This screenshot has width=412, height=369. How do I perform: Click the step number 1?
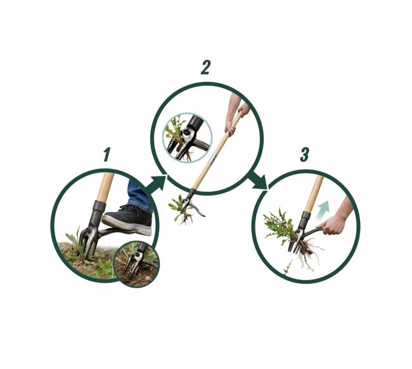(x=106, y=154)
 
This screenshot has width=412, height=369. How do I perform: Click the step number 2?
(x=206, y=67)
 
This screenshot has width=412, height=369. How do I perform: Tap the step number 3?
(x=304, y=154)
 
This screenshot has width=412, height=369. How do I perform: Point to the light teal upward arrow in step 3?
(x=323, y=210)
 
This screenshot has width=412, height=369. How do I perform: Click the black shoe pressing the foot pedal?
(x=127, y=219)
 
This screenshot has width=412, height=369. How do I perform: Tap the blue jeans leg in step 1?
(x=139, y=196)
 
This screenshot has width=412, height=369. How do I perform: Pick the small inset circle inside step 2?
(x=188, y=138)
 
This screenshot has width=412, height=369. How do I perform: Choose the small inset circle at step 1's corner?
(x=137, y=264)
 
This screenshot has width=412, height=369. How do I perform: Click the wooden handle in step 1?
(x=105, y=187)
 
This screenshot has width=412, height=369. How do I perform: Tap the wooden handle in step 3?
(x=314, y=193)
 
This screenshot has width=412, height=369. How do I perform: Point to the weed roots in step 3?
(x=309, y=252)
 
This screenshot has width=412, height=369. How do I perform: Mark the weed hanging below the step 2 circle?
(x=181, y=210)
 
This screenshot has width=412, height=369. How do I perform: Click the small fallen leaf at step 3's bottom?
(x=288, y=267)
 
